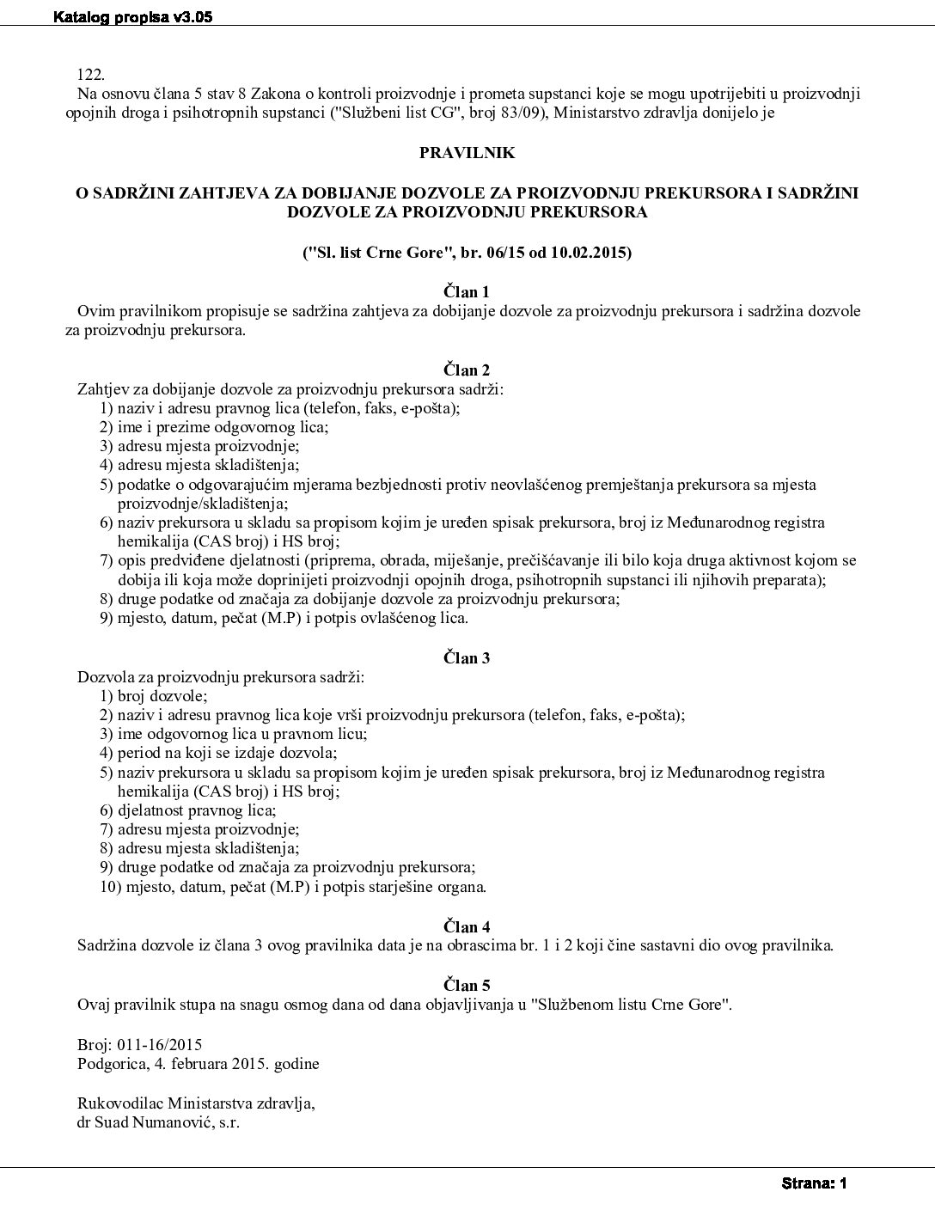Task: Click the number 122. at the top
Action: coord(91,75)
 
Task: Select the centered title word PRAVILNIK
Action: coord(467,152)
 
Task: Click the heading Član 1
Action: coord(467,292)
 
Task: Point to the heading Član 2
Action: coord(467,370)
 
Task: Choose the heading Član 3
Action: coord(467,658)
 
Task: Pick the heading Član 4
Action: coord(467,927)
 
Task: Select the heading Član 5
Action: coord(467,985)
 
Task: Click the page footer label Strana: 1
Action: coord(815,1183)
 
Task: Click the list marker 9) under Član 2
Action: coord(107,618)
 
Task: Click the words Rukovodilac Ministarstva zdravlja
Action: coord(196,1103)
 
